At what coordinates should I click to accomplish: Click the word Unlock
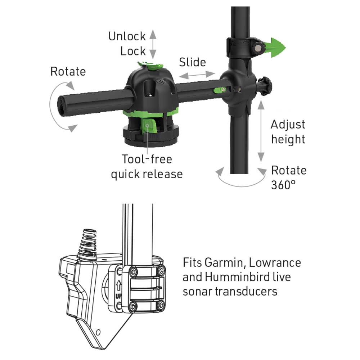127,36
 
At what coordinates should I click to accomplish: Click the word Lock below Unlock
133,51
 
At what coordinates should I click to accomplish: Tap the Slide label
192,62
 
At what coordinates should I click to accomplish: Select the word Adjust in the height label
288,125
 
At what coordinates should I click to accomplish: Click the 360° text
283,185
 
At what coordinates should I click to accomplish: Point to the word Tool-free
147,159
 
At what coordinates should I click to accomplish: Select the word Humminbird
237,277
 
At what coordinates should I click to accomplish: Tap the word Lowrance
275,263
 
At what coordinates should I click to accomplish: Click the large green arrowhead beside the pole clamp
276,48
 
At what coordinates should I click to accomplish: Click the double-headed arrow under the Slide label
197,75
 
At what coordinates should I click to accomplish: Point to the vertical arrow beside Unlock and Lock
153,44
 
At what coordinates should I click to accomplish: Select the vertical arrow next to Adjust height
261,131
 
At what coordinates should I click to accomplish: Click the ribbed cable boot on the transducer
87,244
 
